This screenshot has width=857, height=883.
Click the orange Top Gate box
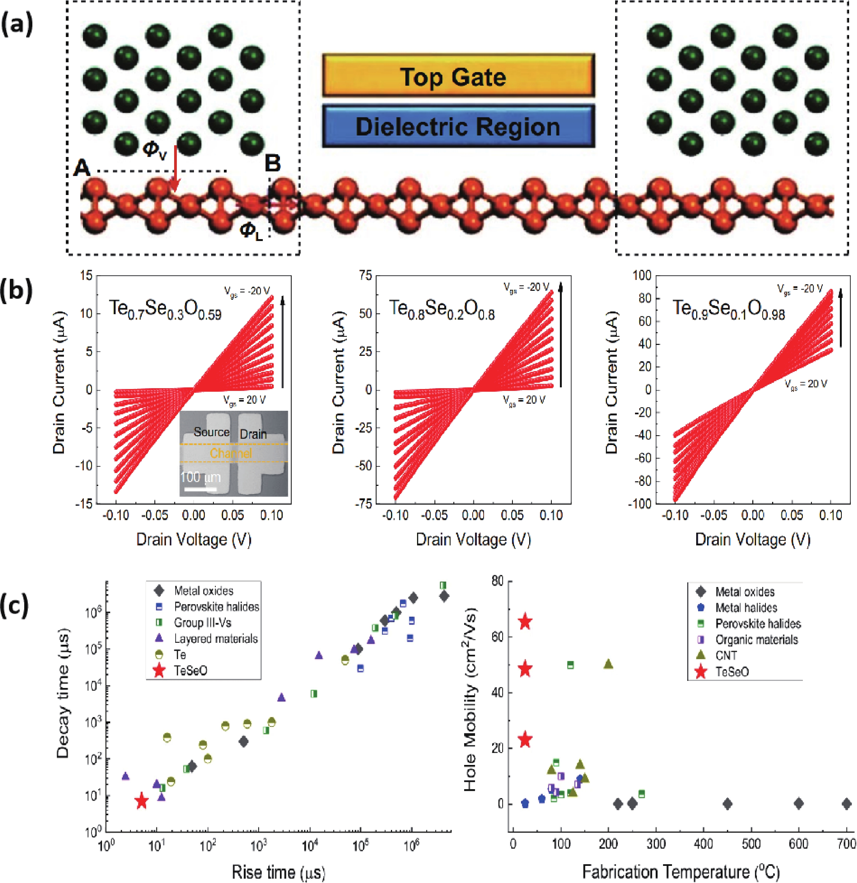(x=458, y=76)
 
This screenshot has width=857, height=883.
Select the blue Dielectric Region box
(x=458, y=126)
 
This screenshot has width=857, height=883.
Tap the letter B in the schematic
(x=273, y=163)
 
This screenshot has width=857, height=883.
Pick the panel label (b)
(x=17, y=291)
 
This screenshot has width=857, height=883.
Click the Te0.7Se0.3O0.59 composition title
(x=165, y=310)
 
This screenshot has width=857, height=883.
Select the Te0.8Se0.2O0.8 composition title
(x=442, y=310)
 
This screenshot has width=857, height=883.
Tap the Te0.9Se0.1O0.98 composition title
(x=729, y=310)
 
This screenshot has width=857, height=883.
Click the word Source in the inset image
(x=211, y=432)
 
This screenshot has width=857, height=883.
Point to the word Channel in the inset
(x=231, y=453)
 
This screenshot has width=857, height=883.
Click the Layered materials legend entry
(x=215, y=639)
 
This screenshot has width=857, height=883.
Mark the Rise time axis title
(x=278, y=872)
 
